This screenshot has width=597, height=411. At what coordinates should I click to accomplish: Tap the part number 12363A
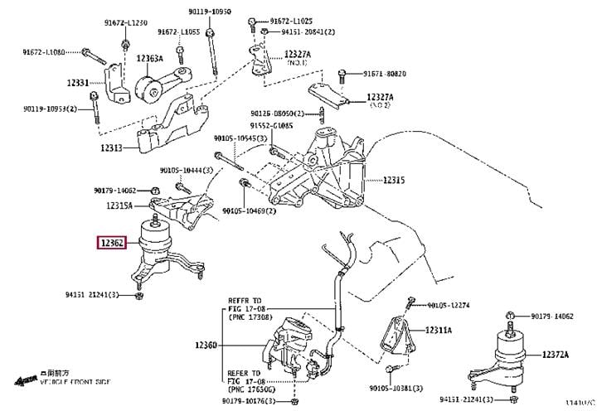point(149,60)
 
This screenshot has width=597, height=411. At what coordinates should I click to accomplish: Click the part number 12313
point(111,147)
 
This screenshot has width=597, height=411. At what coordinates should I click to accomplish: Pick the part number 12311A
point(438,330)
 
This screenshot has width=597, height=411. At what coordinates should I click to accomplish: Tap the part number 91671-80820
point(384,73)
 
